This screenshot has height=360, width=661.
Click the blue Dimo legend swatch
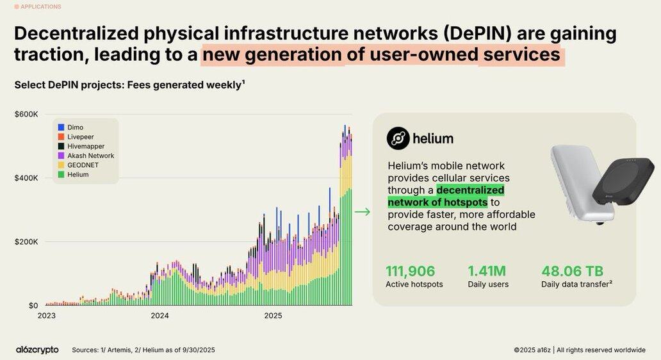(x=61, y=127)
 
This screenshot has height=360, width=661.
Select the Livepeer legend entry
(x=80, y=137)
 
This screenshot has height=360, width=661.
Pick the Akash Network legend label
(x=90, y=156)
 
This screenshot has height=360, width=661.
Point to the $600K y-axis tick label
(x=26, y=114)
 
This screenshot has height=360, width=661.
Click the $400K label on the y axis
(x=26, y=178)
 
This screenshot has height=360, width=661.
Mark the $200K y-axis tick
(x=26, y=242)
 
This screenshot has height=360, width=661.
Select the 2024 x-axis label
(x=159, y=316)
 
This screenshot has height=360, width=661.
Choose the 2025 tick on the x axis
(x=273, y=316)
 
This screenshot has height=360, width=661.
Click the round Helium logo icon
(x=398, y=138)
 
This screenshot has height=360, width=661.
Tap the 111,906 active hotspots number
(x=410, y=271)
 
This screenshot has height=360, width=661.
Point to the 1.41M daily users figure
(x=487, y=271)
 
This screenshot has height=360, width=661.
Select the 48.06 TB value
(x=572, y=271)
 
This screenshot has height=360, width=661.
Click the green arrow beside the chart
(x=362, y=212)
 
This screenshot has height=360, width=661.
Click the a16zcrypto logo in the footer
(x=37, y=350)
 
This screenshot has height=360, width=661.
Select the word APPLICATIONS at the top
(x=41, y=7)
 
